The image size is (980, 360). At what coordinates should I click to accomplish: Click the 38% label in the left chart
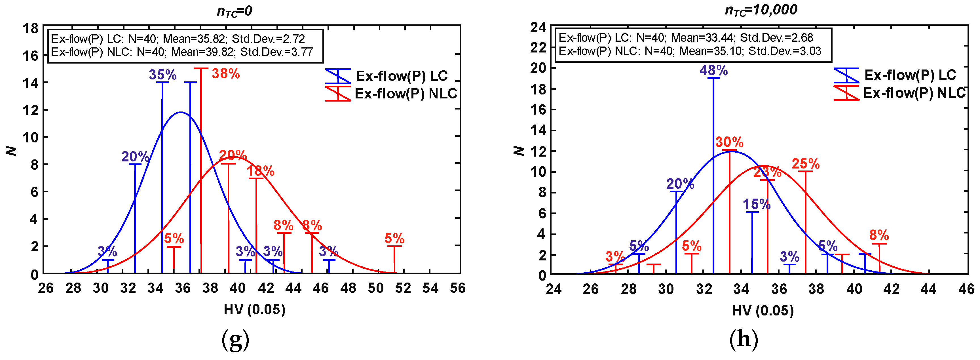[226, 74]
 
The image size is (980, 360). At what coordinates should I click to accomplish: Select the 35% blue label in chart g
[162, 75]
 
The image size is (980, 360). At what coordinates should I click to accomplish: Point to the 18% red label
[261, 171]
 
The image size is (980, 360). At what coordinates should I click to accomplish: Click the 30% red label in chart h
[729, 142]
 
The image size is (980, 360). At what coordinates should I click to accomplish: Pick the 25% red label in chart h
[805, 164]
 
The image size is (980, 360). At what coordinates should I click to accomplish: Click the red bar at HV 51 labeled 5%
[394, 260]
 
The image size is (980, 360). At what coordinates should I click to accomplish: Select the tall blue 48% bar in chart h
[713, 175]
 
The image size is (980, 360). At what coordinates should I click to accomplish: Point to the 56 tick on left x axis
[458, 288]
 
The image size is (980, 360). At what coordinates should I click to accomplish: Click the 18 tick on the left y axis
[30, 29]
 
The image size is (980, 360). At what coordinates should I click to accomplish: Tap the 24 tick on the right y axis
[538, 28]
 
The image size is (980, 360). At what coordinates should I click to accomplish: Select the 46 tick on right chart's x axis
[966, 289]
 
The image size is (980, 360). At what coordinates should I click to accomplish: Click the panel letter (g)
[235, 340]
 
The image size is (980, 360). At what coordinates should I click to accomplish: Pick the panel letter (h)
[744, 339]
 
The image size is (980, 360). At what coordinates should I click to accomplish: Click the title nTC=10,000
[761, 10]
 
